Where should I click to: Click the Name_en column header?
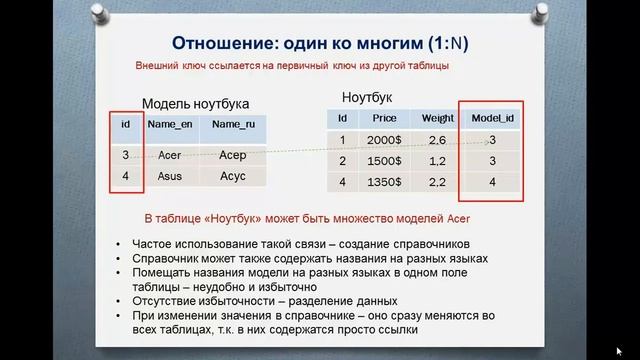(x=169, y=124)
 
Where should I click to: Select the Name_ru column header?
(x=232, y=124)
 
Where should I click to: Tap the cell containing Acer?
(x=169, y=155)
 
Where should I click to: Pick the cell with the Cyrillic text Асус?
(x=232, y=175)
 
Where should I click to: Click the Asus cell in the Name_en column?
(x=169, y=175)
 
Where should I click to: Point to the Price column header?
(x=384, y=118)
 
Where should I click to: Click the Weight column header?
(x=437, y=118)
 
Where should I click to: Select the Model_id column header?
(x=492, y=118)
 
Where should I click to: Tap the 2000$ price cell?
(x=384, y=140)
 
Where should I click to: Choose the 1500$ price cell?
(x=384, y=161)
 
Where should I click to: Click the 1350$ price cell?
(x=384, y=182)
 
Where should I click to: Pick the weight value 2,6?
(x=437, y=140)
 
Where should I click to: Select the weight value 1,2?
(x=437, y=161)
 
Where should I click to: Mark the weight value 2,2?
(x=437, y=182)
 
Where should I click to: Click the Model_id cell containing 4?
(x=492, y=182)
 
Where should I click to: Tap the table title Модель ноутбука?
(x=195, y=103)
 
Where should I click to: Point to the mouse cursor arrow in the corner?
(x=619, y=350)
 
